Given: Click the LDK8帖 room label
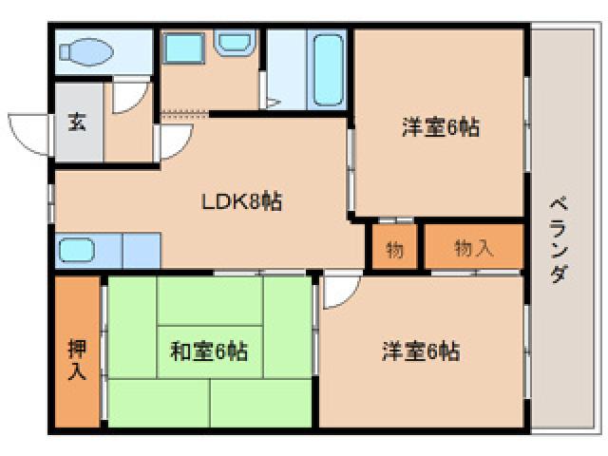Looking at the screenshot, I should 240,201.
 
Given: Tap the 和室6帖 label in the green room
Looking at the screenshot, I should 209,351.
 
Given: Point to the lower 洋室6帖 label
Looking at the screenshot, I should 421,351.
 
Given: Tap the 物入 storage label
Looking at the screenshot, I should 474,248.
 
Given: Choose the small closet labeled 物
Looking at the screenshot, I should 394,250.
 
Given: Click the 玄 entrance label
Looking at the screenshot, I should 75,123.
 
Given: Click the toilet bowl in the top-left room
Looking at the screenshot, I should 90,51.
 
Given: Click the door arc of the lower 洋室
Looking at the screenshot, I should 339,293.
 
